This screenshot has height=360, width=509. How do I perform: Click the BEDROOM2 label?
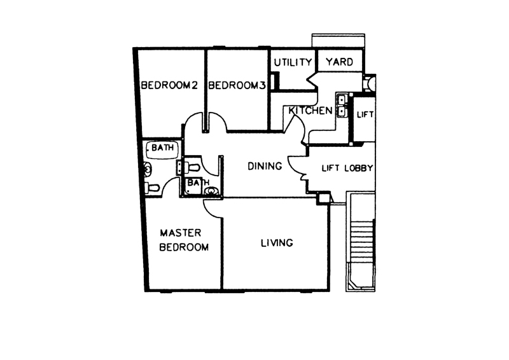(x=169, y=85)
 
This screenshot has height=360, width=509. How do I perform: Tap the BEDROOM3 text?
(x=237, y=85)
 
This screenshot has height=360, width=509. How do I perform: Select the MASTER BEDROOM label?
(x=184, y=240)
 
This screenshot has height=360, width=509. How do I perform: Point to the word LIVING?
(x=277, y=243)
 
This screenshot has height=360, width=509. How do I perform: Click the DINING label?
(x=265, y=166)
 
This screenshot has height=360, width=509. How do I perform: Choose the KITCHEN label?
(x=310, y=111)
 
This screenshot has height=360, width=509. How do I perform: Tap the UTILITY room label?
(x=293, y=62)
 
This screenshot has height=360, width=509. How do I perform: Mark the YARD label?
(x=340, y=62)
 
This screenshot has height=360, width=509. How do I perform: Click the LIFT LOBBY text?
(x=347, y=168)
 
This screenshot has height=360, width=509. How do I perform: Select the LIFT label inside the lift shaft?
(x=365, y=114)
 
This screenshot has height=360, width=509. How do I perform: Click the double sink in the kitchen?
(x=342, y=105)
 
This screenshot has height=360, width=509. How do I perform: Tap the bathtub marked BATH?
(x=162, y=149)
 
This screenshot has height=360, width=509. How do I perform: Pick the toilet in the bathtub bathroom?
(x=152, y=187)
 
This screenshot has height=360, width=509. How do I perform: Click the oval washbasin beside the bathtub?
(x=148, y=169)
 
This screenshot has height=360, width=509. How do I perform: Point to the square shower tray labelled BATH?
(x=194, y=186)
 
